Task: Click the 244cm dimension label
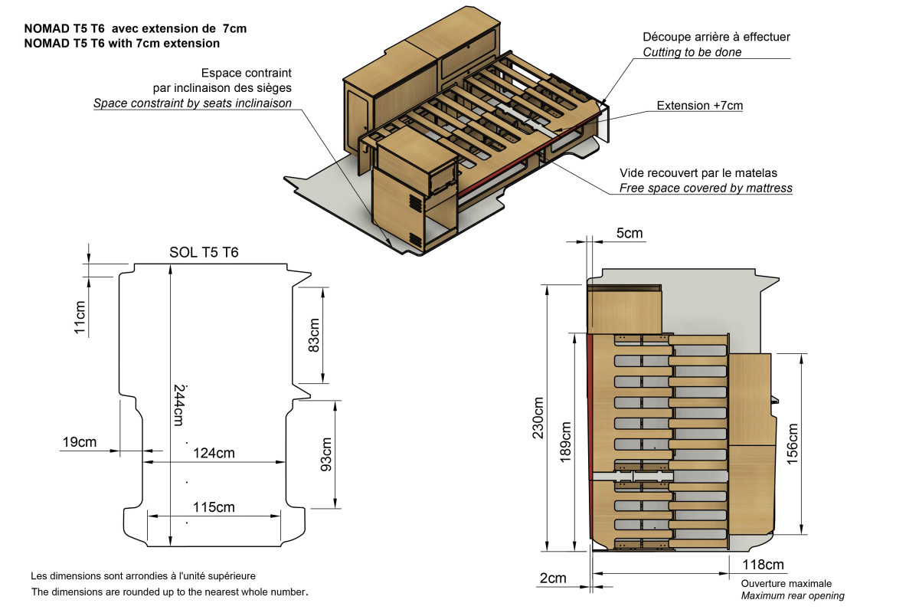point(178,404)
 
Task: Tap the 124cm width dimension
point(214,453)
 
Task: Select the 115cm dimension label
point(214,506)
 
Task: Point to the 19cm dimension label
point(80,442)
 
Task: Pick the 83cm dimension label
point(313,335)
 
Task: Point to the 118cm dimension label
point(763,565)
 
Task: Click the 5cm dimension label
point(629,233)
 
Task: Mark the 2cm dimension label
point(553,579)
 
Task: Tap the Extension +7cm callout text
point(700,105)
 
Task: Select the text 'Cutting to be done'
point(692,52)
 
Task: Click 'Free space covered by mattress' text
point(706,188)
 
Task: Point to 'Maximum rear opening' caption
point(793,595)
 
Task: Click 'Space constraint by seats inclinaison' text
point(192,103)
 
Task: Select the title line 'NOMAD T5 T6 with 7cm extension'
point(122,43)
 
